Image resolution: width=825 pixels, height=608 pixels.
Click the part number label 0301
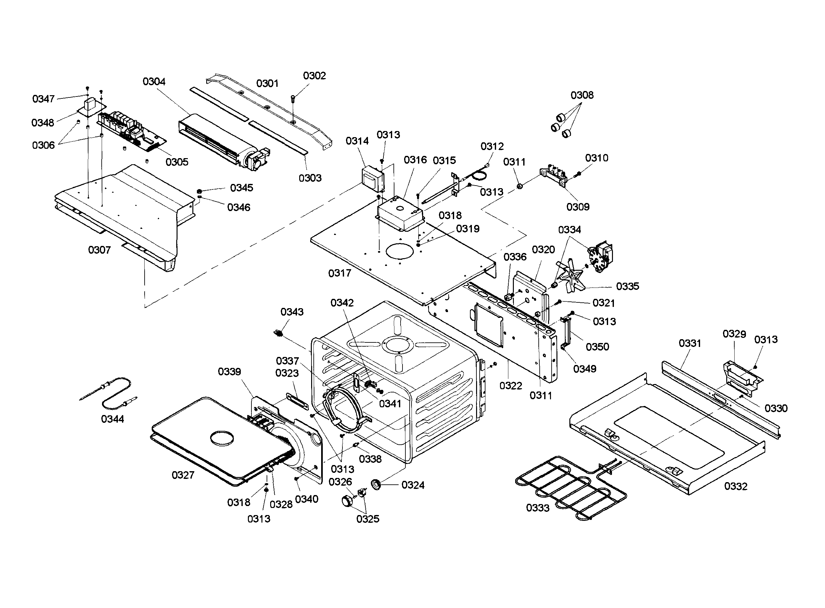tap(267, 84)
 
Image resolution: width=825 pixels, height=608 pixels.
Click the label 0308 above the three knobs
tap(582, 95)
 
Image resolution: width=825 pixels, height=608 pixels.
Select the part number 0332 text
tap(736, 487)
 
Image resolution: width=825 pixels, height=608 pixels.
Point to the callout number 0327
tap(183, 475)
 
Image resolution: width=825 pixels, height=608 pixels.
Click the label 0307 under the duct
tap(99, 250)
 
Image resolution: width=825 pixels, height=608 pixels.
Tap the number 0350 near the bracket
tap(597, 347)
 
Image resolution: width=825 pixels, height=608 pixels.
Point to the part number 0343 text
tap(292, 312)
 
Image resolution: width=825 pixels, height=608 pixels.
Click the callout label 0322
tap(511, 386)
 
